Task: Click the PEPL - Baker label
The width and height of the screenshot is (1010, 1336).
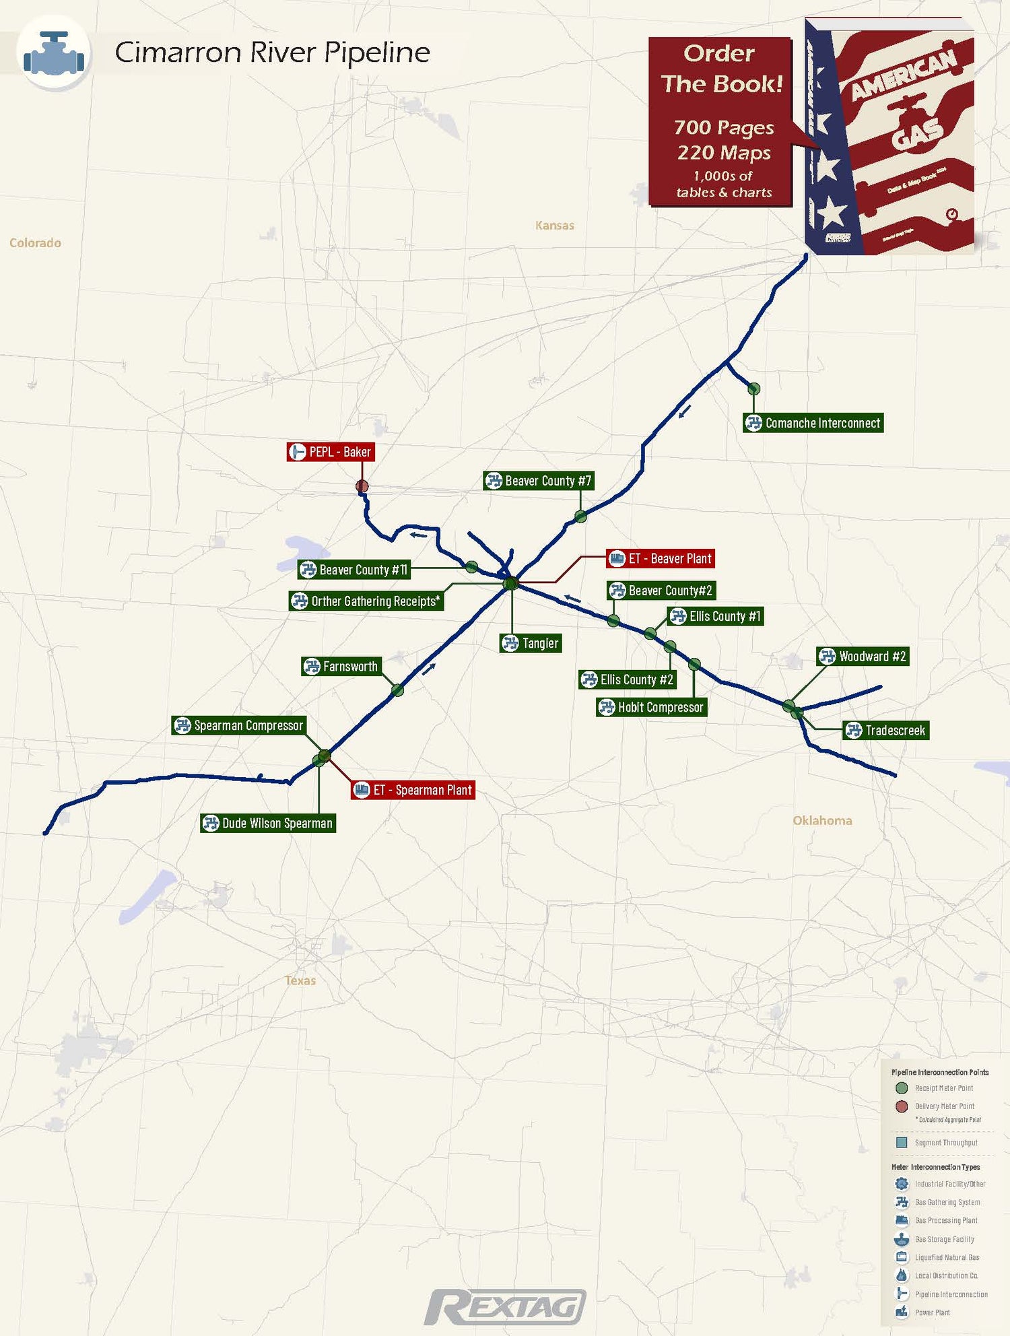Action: pyautogui.click(x=331, y=452)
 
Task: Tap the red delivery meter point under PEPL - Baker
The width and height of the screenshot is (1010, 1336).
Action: pyautogui.click(x=362, y=486)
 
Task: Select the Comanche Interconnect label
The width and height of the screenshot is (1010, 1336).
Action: pyautogui.click(x=813, y=423)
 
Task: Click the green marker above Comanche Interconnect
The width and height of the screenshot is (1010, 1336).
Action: pyautogui.click(x=754, y=389)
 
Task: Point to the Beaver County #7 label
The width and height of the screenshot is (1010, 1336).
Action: pyautogui.click(x=539, y=481)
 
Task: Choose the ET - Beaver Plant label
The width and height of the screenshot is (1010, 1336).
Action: pyautogui.click(x=661, y=558)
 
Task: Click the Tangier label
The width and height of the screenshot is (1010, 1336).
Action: pyautogui.click(x=531, y=643)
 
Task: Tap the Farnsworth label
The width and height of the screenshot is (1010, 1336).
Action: pyautogui.click(x=341, y=667)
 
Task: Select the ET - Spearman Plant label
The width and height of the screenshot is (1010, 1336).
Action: pyautogui.click(x=413, y=790)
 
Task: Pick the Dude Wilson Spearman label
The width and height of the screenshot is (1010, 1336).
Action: pyautogui.click(x=268, y=823)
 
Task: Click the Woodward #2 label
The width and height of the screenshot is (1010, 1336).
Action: pyautogui.click(x=863, y=657)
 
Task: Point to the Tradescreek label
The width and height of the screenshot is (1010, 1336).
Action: pyautogui.click(x=886, y=731)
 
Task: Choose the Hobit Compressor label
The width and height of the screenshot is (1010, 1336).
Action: pyautogui.click(x=652, y=707)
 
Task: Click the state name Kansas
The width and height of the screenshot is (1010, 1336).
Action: pyautogui.click(x=555, y=226)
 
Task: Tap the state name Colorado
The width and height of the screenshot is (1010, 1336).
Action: pyautogui.click(x=35, y=243)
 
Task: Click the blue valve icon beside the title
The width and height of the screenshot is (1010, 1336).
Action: pyautogui.click(x=54, y=53)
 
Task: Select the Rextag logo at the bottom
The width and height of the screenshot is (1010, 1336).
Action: pyautogui.click(x=506, y=1307)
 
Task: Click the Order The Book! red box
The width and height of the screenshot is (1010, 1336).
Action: pyautogui.click(x=720, y=121)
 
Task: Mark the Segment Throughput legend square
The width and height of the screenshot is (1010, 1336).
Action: pyautogui.click(x=902, y=1143)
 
